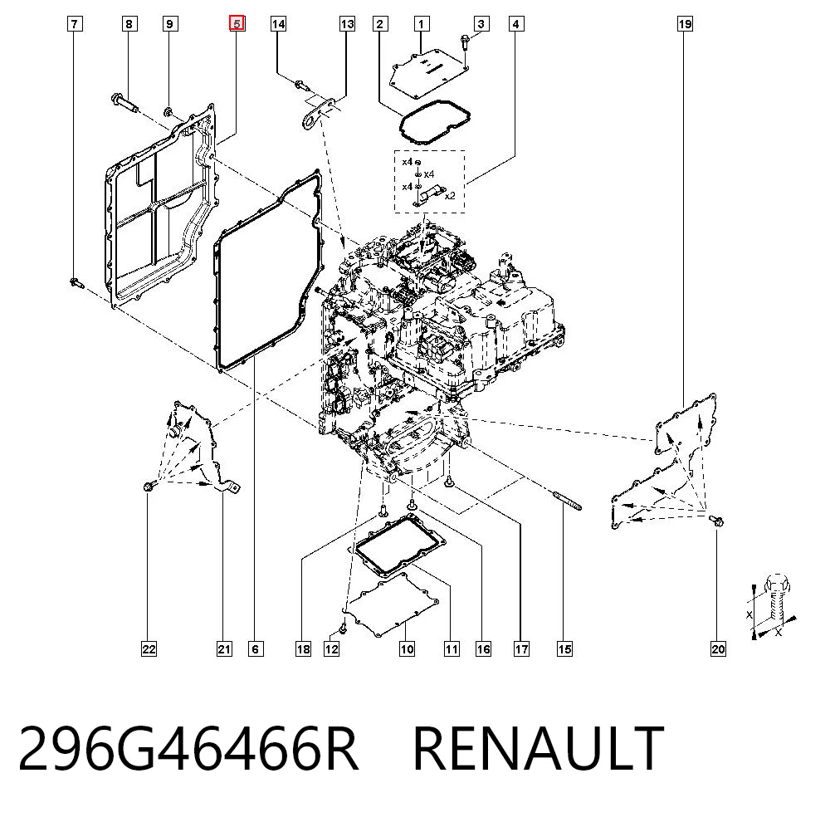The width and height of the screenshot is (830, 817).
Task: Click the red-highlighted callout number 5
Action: coord(237,24)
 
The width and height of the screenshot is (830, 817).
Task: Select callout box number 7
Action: coord(75,24)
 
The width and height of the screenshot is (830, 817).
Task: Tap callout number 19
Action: coord(685,24)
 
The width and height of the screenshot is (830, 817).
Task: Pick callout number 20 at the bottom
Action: coord(718,649)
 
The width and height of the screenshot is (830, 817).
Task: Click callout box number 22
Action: coord(149,649)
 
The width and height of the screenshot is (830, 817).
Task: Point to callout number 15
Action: coord(564,649)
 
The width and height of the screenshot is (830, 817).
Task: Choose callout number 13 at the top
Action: coord(347,24)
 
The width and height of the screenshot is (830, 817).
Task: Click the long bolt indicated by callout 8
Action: coord(124,103)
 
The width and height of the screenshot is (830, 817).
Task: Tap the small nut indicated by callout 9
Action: coord(168,112)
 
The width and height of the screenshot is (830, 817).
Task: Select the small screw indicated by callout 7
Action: coord(76,283)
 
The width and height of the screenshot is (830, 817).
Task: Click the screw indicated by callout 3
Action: coord(465,42)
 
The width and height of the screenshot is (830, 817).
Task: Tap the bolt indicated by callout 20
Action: coord(716,521)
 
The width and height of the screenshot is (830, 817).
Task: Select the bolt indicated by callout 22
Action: coord(149,485)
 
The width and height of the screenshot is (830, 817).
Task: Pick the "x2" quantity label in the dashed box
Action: coord(450,196)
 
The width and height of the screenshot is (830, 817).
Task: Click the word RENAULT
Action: coord(538,749)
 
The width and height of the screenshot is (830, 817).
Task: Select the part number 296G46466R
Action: coord(189,749)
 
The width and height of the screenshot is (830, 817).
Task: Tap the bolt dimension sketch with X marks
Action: coord(774,606)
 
